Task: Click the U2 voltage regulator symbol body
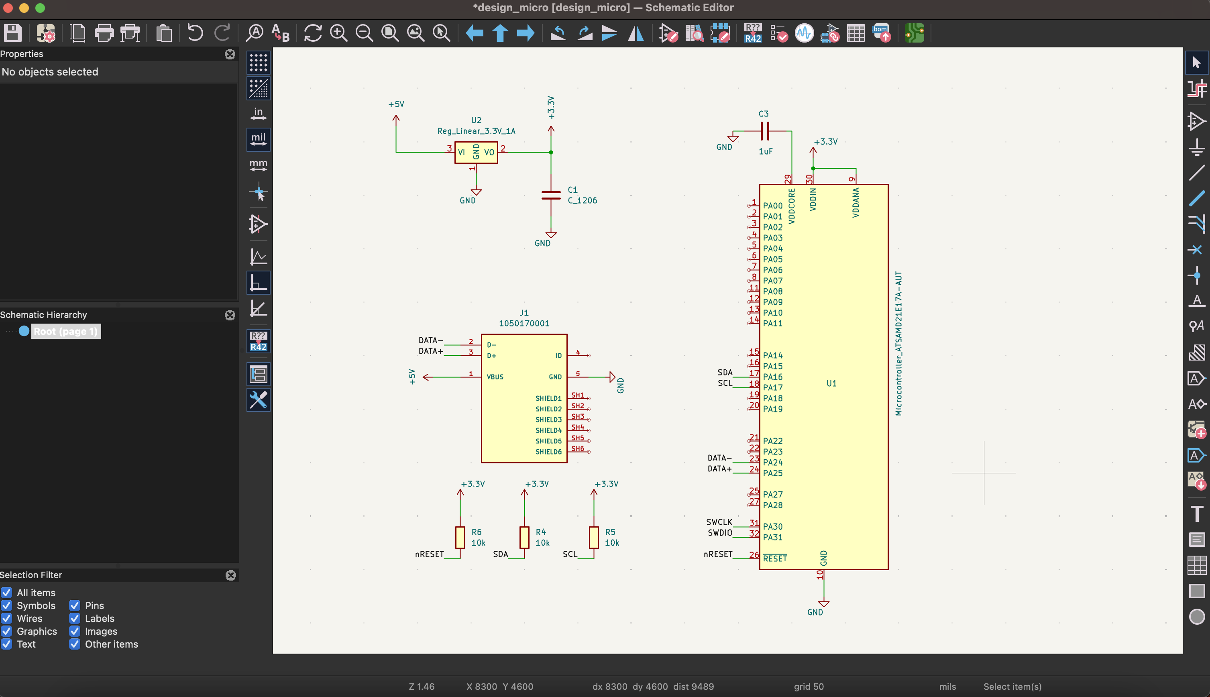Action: [x=476, y=153]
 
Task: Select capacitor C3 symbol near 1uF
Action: [x=765, y=131]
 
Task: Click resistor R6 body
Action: [x=460, y=537]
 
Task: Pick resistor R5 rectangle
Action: [x=593, y=537]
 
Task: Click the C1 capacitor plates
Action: [x=551, y=195]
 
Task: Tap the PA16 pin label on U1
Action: [x=772, y=377]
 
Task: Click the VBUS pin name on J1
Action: [x=495, y=377]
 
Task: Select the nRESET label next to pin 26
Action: [x=717, y=554]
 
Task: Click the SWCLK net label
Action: [x=719, y=522]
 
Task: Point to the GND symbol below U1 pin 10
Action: [x=823, y=604]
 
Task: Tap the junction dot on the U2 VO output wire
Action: [x=551, y=152]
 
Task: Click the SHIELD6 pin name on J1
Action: [x=548, y=451]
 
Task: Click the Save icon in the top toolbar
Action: [x=13, y=33]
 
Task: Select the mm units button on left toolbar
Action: [x=258, y=165]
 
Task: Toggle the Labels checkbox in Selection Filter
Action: [x=75, y=618]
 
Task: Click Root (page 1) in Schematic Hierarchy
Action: [x=65, y=331]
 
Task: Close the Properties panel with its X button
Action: [x=230, y=54]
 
